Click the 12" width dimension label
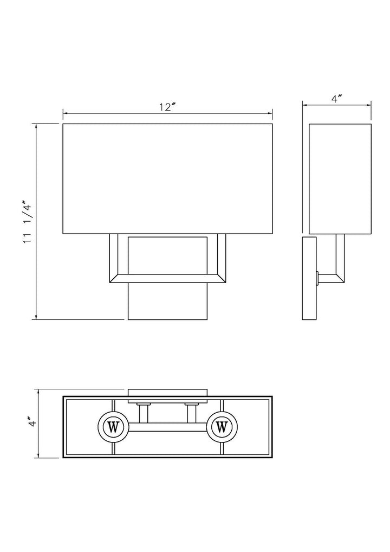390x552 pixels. click(168, 107)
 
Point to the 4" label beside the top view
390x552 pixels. click(31, 422)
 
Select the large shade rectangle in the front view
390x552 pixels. click(167, 179)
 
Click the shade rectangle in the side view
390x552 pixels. click(340, 179)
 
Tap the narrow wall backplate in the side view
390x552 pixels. click(309, 278)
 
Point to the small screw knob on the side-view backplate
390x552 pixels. click(318, 279)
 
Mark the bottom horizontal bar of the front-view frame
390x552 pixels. click(167, 279)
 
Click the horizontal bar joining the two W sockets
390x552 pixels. click(167, 427)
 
